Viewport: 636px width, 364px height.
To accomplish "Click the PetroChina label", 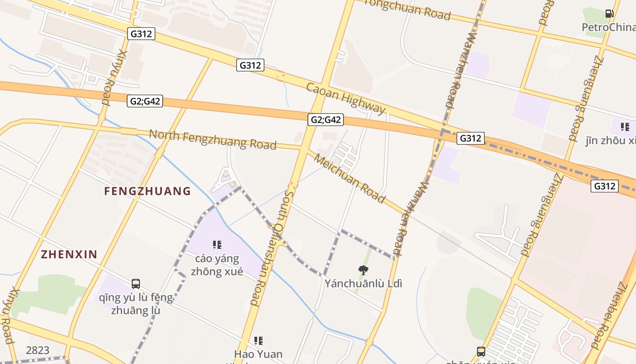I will pos(609,27).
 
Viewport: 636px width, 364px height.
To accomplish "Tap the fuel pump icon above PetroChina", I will pos(609,14).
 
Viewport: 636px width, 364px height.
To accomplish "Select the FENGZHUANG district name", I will pos(147,191).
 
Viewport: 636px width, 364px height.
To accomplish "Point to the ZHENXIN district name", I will pos(69,254).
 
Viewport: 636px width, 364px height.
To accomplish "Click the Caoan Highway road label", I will pos(346,98).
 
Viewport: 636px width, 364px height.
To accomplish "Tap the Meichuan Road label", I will pos(349,179).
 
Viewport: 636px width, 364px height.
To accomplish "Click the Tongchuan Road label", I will pos(407,10).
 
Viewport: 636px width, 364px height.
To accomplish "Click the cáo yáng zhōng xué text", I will pos(217,265).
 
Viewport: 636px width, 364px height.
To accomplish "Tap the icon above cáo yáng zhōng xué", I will pos(217,245).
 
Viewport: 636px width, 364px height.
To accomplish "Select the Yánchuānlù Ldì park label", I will pos(363,283).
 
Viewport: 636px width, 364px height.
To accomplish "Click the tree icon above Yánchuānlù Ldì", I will pos(363,270).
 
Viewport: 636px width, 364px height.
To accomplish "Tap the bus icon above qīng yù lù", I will pos(136,284).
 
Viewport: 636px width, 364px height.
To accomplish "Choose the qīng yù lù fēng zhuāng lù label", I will pos(136,304).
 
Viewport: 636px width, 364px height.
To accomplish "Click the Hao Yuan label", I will pos(258,354).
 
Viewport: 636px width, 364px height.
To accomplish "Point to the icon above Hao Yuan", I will pos(258,340).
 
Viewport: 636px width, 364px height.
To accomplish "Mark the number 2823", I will pos(38,350).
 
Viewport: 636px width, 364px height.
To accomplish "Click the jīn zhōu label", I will pos(611,141).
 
